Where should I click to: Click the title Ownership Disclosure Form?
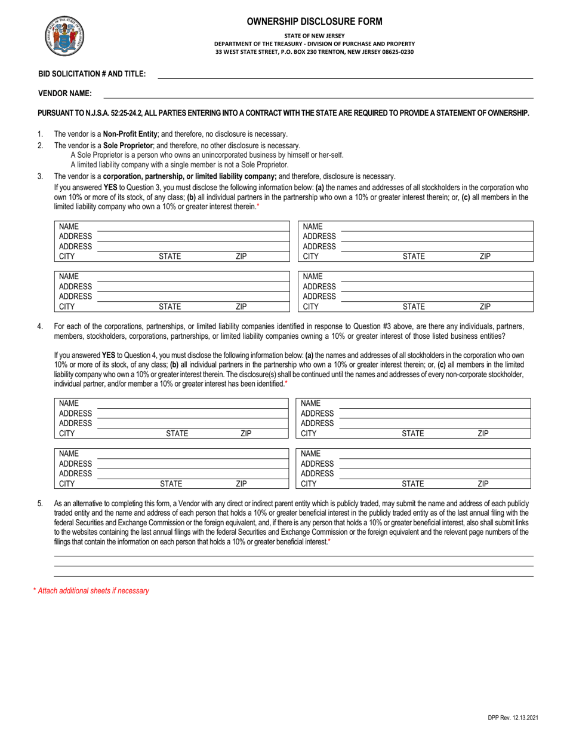(315, 22)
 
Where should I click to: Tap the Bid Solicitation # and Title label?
(92, 73)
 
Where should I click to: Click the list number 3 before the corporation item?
(40, 176)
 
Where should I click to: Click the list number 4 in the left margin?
(40, 326)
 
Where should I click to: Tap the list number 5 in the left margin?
(40, 504)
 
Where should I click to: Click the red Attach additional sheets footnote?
(91, 590)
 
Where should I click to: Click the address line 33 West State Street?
(315, 52)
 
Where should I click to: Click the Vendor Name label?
(65, 93)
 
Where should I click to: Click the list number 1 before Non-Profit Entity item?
(40, 134)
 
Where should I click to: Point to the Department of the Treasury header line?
(315, 44)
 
